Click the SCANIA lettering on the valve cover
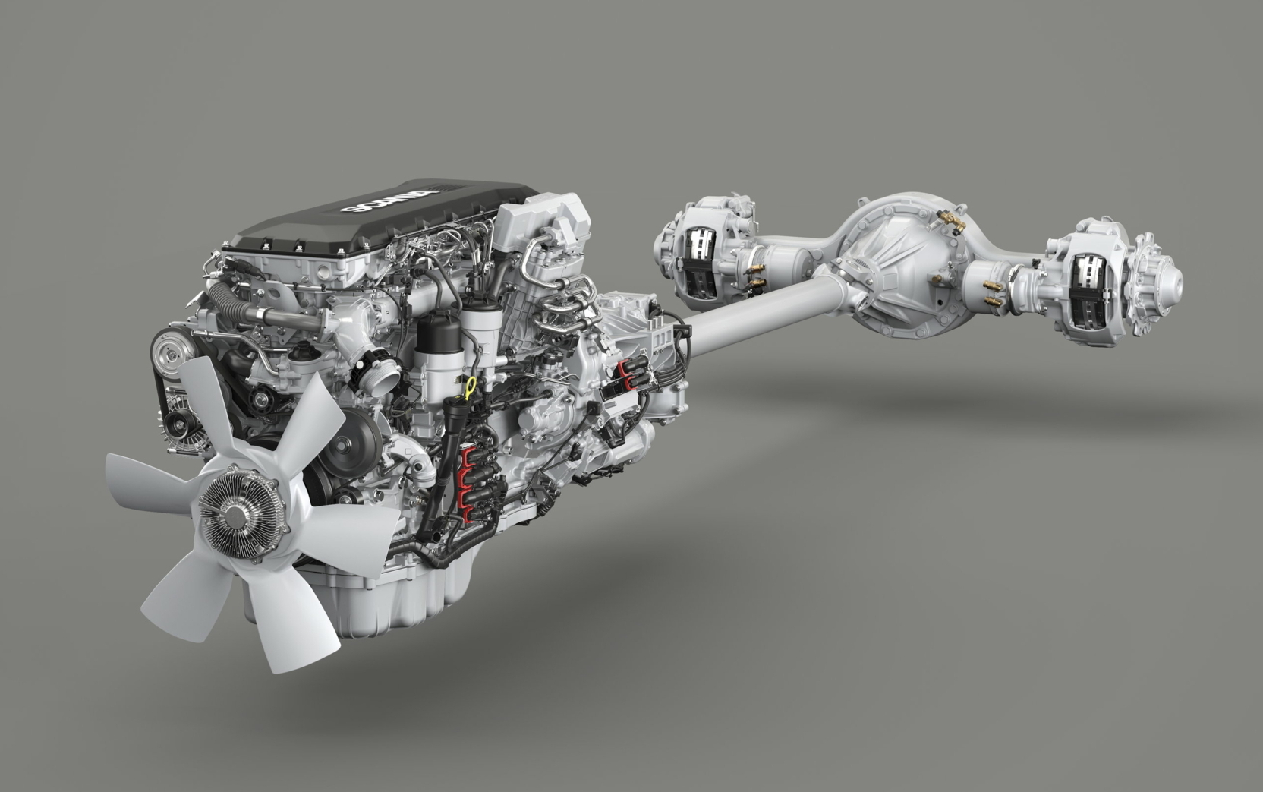(389, 200)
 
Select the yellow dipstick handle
(471, 387)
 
